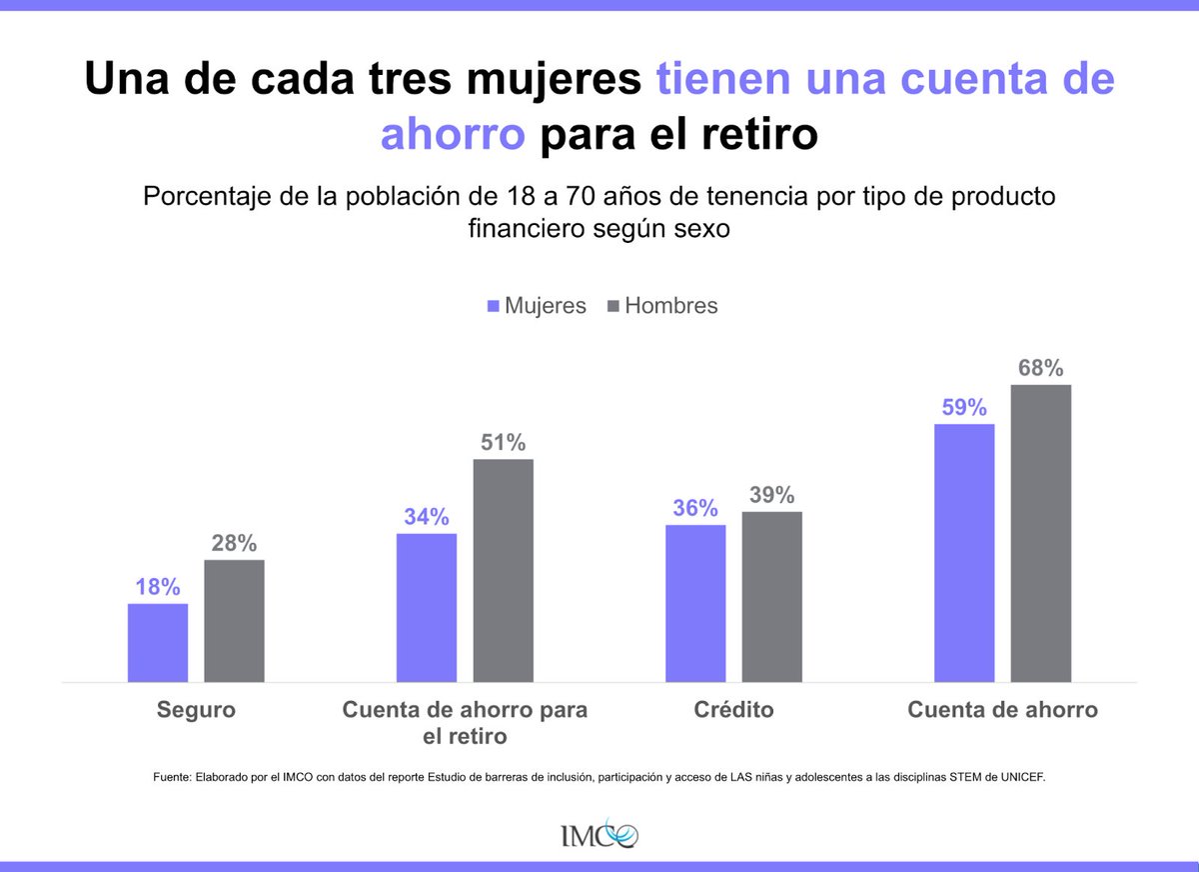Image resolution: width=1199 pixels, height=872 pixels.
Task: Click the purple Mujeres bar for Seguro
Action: click(x=158, y=642)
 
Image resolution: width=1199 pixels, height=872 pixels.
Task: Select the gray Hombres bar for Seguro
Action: click(x=235, y=620)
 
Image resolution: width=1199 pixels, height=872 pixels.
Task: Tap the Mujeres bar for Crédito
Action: click(x=695, y=603)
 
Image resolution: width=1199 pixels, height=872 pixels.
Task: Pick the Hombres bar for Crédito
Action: click(x=772, y=596)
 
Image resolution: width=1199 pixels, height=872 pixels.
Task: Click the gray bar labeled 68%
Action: click(x=1041, y=533)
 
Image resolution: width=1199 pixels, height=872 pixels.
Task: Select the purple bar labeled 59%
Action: click(x=964, y=553)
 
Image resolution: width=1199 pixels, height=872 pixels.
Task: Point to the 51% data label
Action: click(x=503, y=442)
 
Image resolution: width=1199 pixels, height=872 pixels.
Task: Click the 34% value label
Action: click(x=427, y=517)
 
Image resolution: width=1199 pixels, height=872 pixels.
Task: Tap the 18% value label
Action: click(x=158, y=587)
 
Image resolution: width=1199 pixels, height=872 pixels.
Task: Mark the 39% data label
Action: click(x=772, y=495)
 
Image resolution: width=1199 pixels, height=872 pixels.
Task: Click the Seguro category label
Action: click(x=196, y=710)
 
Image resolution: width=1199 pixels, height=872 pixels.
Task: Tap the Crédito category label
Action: click(x=733, y=710)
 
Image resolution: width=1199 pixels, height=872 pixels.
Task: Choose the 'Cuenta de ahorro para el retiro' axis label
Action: click(x=465, y=722)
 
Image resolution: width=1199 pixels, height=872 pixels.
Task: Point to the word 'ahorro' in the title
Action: click(x=452, y=135)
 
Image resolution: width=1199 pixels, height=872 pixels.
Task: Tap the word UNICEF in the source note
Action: click(x=1019, y=776)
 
